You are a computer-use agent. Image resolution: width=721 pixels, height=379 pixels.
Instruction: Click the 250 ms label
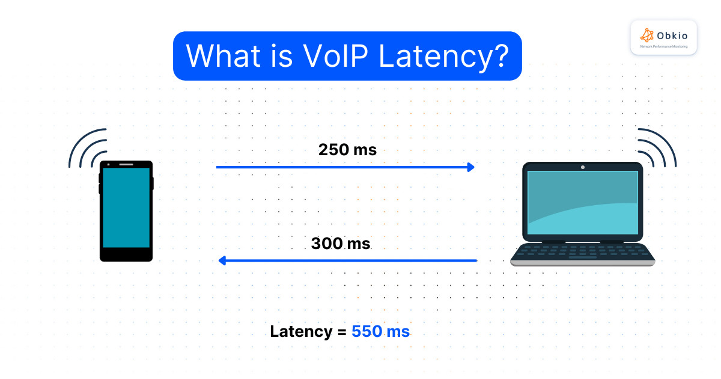pyautogui.click(x=347, y=150)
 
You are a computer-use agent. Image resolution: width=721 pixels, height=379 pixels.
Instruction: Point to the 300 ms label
pyautogui.click(x=341, y=244)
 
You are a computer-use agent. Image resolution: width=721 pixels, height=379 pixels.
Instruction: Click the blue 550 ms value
pyautogui.click(x=380, y=331)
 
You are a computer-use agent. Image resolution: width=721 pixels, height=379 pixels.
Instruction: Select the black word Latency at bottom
pyautogui.click(x=300, y=331)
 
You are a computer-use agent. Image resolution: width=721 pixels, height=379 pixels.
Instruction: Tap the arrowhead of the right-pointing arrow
pyautogui.click(x=471, y=167)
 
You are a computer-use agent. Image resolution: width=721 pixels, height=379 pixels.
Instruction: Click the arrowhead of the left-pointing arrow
pyautogui.click(x=221, y=260)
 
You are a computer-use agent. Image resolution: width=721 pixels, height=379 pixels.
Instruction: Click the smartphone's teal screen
pyautogui.click(x=126, y=208)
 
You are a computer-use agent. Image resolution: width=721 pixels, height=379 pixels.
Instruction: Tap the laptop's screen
pyautogui.click(x=582, y=202)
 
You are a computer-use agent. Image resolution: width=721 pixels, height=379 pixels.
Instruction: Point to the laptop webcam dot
pyautogui.click(x=582, y=167)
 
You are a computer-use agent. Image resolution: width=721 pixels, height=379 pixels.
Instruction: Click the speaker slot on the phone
pyautogui.click(x=126, y=164)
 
